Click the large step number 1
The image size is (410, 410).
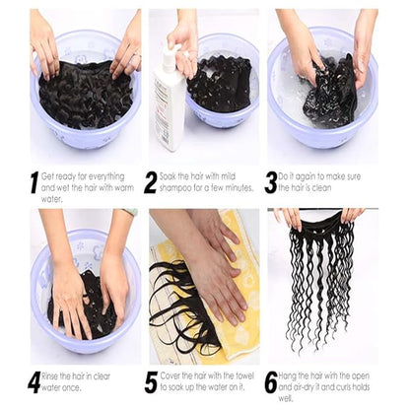click(34, 181)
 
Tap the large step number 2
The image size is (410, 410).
click(151, 181)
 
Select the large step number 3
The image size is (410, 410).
click(270, 181)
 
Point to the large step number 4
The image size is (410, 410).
click(34, 381)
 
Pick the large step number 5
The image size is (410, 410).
click(151, 381)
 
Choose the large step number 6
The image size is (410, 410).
click(270, 381)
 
